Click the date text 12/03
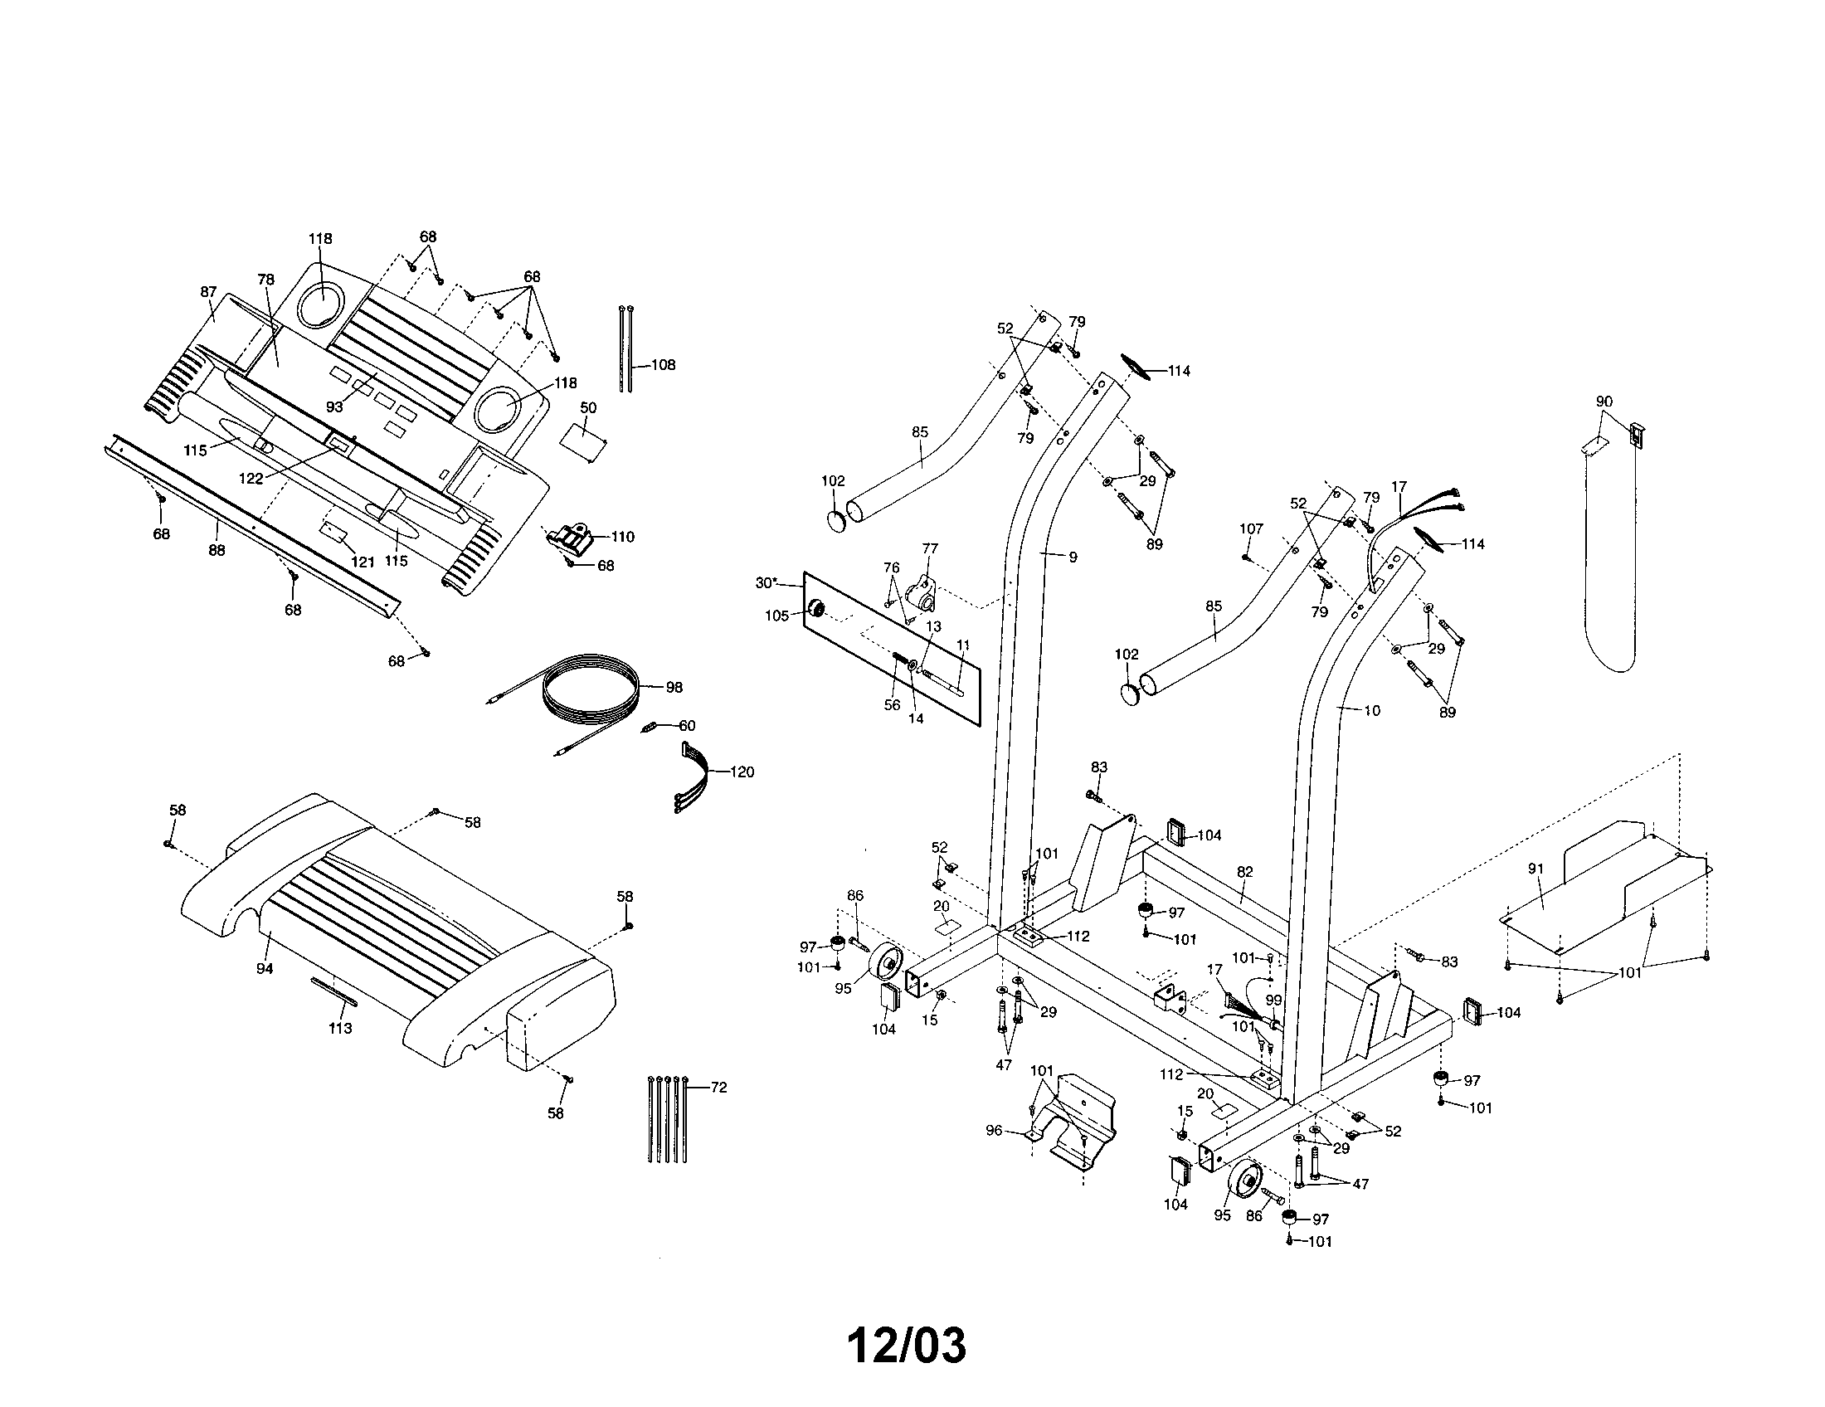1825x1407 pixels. [x=907, y=1346]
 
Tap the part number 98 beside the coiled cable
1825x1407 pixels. [x=674, y=688]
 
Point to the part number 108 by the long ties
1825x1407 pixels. [x=663, y=365]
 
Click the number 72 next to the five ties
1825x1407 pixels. [x=718, y=1088]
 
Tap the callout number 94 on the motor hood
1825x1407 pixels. [x=265, y=969]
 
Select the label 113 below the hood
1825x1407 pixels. [x=339, y=1029]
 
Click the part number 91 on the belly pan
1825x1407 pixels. [x=1535, y=869]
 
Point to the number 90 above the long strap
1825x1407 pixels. [x=1604, y=402]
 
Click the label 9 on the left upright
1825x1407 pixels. [x=1073, y=557]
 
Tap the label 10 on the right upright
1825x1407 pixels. [x=1372, y=711]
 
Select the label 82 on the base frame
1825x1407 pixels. [x=1244, y=871]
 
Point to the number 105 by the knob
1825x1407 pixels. [x=777, y=616]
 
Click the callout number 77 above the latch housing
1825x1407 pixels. [x=930, y=549]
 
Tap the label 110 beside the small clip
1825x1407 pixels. [x=623, y=538]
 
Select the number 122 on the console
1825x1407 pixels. [x=251, y=480]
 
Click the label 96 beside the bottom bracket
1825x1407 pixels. [x=994, y=1131]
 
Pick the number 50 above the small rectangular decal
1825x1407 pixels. [x=588, y=407]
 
